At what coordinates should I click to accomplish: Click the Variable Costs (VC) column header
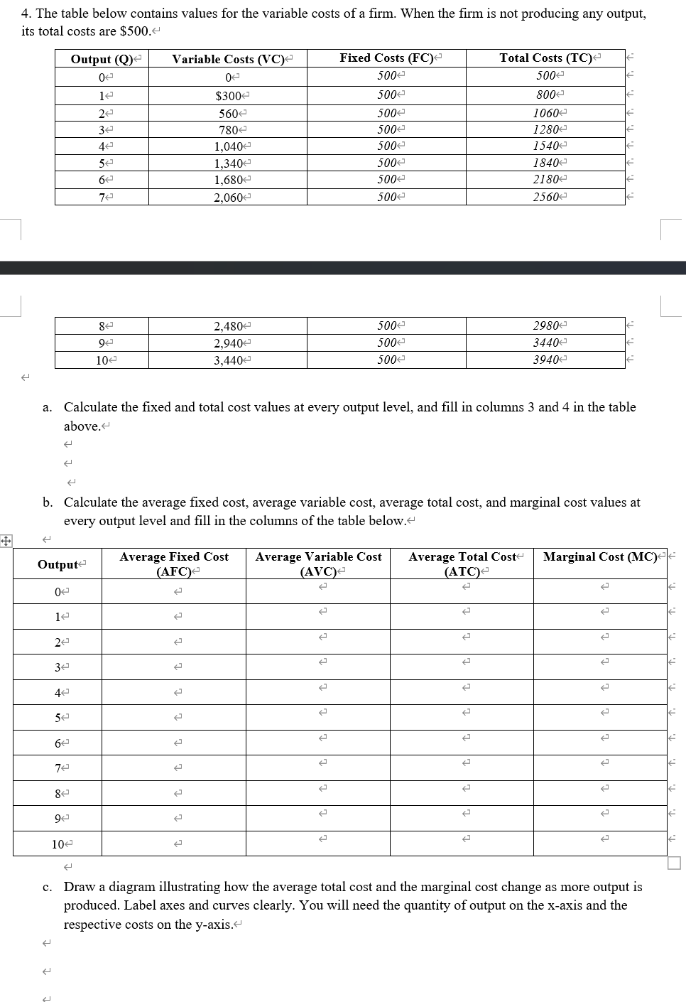click(227, 59)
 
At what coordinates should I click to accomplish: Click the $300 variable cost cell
click(227, 96)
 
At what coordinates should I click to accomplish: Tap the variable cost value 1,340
click(228, 163)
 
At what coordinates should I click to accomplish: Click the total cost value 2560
click(545, 197)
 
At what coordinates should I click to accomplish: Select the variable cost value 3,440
click(228, 360)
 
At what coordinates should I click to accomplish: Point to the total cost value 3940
click(545, 360)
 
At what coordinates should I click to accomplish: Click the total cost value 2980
click(545, 325)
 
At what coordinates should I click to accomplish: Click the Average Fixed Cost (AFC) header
click(174, 564)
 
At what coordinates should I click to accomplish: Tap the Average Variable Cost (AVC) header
click(318, 564)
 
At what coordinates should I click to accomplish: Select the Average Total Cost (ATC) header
click(462, 564)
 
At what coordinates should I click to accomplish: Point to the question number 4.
click(26, 14)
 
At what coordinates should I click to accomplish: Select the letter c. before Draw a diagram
click(47, 887)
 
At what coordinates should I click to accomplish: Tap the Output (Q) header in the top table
click(102, 59)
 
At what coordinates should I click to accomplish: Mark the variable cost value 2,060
click(228, 198)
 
